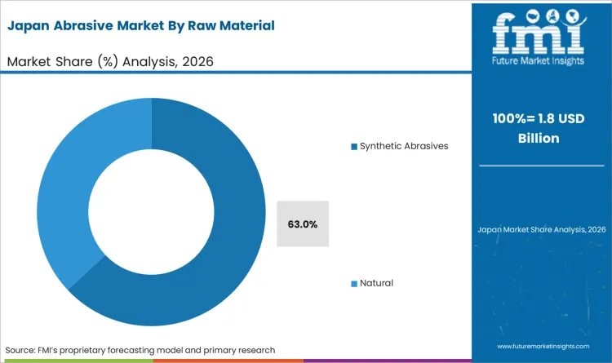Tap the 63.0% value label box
(x=303, y=223)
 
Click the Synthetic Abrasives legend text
(x=404, y=146)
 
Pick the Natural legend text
(x=376, y=283)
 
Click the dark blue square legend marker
(x=354, y=146)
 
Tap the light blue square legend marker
(x=354, y=283)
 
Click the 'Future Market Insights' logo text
(x=541, y=60)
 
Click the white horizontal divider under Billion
(x=541, y=166)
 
